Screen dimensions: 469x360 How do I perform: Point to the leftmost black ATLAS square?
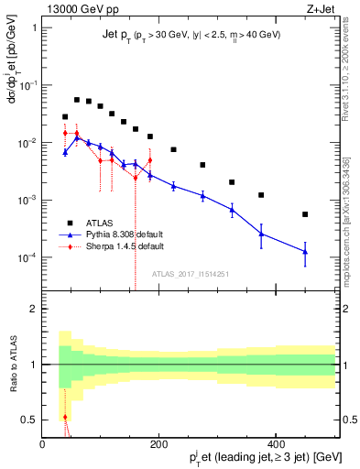click(x=65, y=117)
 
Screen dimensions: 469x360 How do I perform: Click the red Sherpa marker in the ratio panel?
click(x=65, y=417)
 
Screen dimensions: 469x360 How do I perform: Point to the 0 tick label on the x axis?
click(x=43, y=444)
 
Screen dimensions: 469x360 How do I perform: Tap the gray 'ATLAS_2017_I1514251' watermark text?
click(x=190, y=273)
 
